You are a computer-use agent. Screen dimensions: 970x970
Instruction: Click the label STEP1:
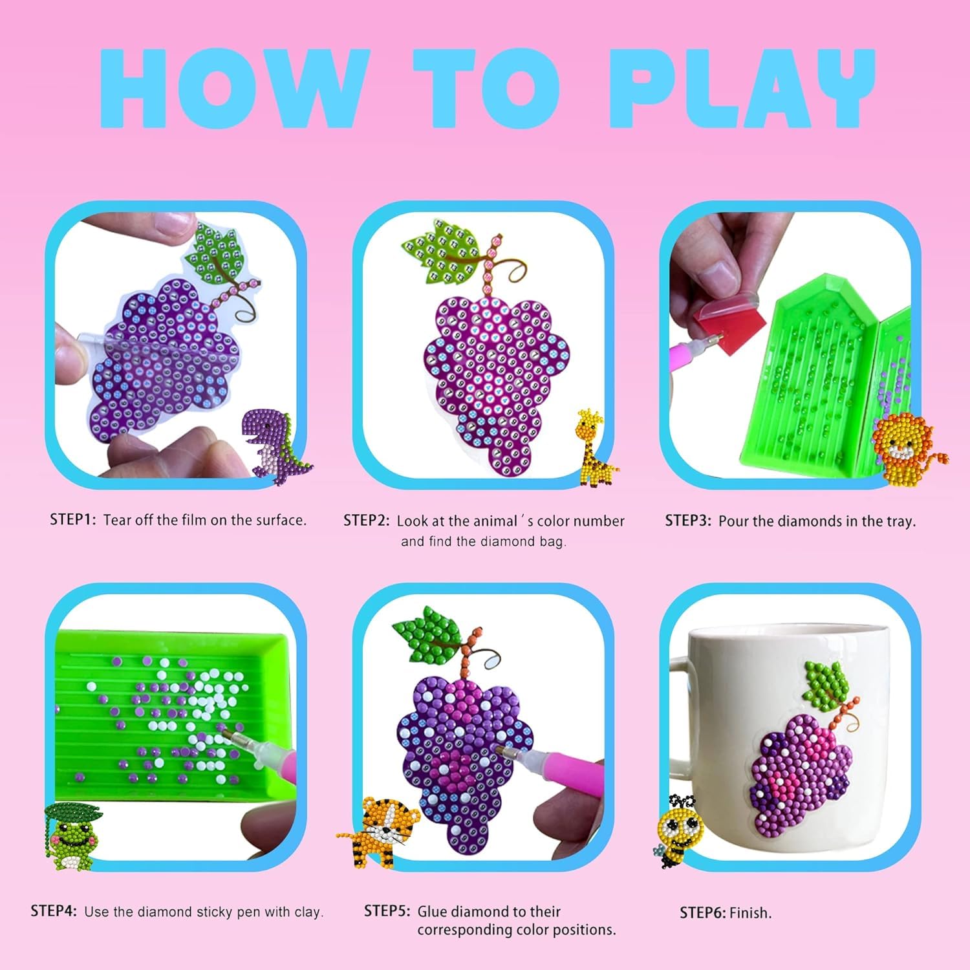tap(73, 519)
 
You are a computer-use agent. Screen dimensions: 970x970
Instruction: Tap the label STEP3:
tap(689, 521)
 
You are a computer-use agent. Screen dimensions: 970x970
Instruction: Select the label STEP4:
tap(54, 911)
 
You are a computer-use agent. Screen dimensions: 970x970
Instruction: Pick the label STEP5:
tap(387, 911)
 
